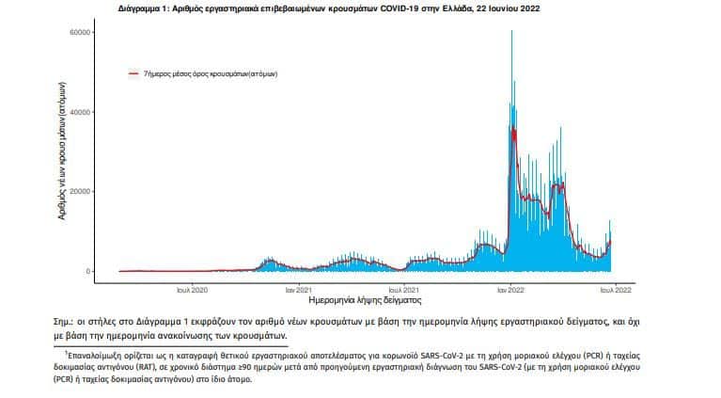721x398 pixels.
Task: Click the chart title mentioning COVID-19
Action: tap(329, 8)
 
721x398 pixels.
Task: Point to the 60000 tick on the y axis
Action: tap(80, 33)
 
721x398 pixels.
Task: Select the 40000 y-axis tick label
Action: tap(80, 112)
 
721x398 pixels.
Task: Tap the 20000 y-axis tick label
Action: tap(80, 192)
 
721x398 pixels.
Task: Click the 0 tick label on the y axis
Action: tap(87, 272)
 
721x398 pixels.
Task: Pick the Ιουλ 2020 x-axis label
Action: tap(192, 290)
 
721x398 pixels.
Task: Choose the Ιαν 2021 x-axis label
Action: tap(298, 290)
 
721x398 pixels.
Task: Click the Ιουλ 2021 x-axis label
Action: tap(403, 290)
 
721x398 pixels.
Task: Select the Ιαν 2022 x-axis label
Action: tap(510, 290)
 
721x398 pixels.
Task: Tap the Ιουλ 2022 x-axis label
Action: tap(616, 290)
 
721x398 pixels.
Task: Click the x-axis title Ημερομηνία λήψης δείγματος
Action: tap(365, 300)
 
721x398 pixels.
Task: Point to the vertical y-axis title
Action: tap(62, 151)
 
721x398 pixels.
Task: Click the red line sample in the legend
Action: tap(133, 73)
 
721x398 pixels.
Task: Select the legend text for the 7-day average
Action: tap(211, 73)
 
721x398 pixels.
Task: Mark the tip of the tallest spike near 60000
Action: tap(511, 31)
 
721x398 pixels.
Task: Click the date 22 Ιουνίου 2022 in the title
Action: tap(509, 8)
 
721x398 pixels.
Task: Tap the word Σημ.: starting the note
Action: tap(64, 322)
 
